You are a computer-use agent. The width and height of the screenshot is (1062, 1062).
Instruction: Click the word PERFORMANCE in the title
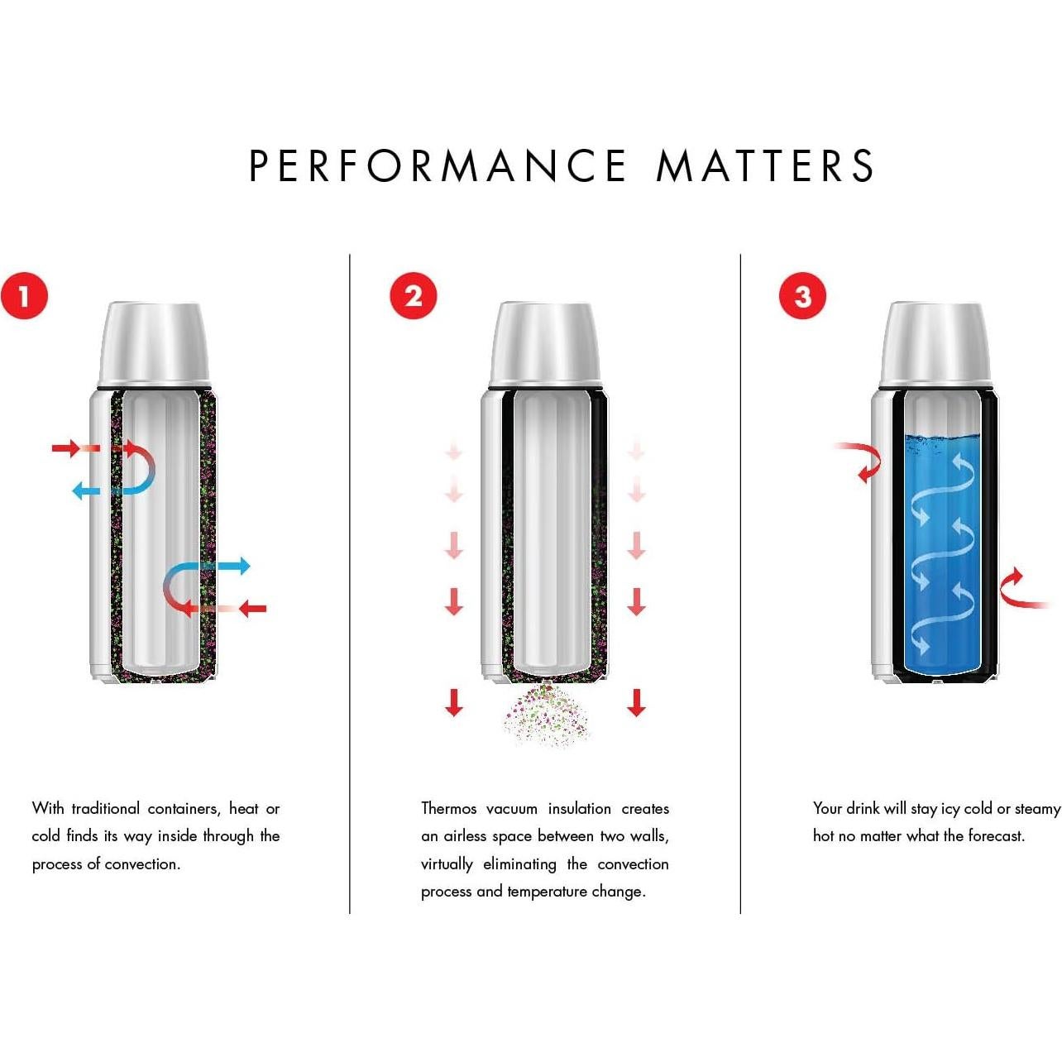tap(438, 165)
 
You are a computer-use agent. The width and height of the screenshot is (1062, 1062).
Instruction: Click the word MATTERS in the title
tap(765, 165)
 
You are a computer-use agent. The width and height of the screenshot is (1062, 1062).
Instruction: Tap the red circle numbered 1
tap(24, 296)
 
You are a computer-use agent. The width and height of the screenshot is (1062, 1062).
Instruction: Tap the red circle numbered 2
tap(414, 296)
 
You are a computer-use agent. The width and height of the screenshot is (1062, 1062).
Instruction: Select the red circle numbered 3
tap(803, 296)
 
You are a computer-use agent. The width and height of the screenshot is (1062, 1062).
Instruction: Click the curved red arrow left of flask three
tap(862, 460)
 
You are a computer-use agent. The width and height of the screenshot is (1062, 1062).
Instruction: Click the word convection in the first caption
tap(141, 864)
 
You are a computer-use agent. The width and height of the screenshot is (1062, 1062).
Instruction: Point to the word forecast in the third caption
tap(996, 836)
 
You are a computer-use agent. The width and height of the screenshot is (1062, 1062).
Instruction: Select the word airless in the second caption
tap(465, 836)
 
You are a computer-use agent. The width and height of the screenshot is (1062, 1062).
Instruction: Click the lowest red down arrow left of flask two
tap(454, 703)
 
